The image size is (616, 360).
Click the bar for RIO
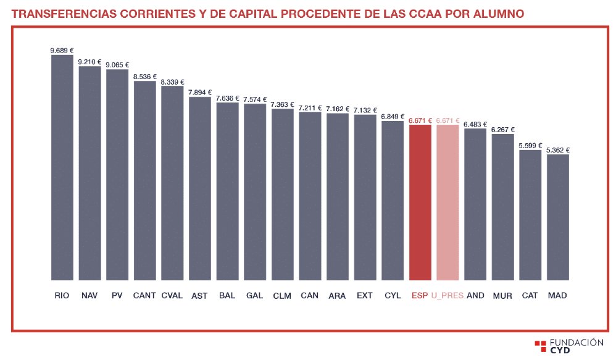tap(62, 167)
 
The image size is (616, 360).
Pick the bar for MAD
tap(557, 217)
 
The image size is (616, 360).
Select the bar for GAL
tap(255, 191)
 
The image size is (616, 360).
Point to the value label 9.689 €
tap(62, 51)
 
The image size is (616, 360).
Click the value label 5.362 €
tap(558, 150)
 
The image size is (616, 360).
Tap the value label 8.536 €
tap(144, 77)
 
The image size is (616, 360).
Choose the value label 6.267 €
tap(503, 130)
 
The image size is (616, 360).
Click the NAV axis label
tap(89, 296)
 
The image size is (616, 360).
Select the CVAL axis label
tap(172, 296)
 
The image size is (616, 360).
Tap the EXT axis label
tap(365, 296)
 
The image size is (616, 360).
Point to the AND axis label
tap(475, 296)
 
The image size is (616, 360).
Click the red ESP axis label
tap(420, 296)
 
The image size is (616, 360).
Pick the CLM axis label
tap(282, 296)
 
